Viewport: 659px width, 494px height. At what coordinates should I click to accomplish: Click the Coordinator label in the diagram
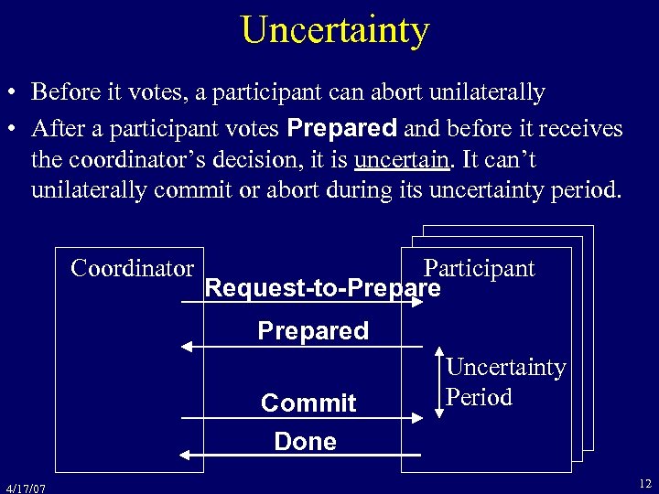tap(133, 268)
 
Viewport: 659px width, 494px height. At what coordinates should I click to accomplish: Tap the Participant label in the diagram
tap(479, 268)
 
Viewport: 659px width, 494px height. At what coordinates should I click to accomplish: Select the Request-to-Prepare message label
tap(323, 288)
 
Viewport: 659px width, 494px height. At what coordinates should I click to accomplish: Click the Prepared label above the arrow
tap(313, 330)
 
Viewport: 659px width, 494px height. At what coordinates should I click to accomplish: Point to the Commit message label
tap(308, 403)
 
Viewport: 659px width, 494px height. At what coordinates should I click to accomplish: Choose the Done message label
tap(305, 442)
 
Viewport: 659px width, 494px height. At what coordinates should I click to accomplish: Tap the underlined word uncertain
tap(402, 159)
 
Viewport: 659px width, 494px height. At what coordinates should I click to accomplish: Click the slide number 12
tap(644, 483)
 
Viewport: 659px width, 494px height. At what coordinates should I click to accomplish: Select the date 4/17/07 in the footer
tap(25, 486)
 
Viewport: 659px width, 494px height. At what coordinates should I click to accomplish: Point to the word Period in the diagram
tap(479, 398)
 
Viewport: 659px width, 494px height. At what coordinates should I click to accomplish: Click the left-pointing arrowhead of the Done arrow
tap(186, 455)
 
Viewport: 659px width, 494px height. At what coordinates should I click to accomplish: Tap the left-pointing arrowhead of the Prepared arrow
tap(186, 346)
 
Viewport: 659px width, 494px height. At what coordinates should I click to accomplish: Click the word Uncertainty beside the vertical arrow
tap(505, 368)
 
